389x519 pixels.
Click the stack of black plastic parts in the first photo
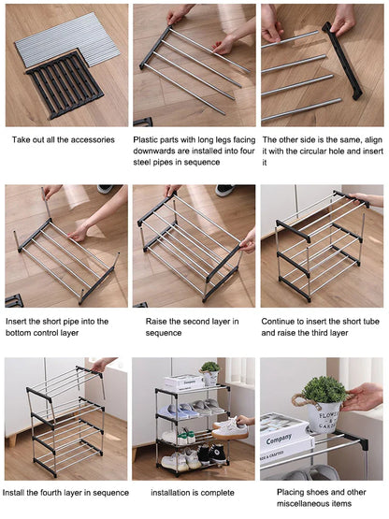pyautogui.click(x=64, y=85)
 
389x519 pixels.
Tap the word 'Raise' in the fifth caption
pyautogui.click(x=158, y=321)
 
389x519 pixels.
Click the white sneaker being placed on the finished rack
pyautogui.click(x=227, y=429)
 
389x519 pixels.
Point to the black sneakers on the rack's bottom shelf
pyautogui.click(x=207, y=456)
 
